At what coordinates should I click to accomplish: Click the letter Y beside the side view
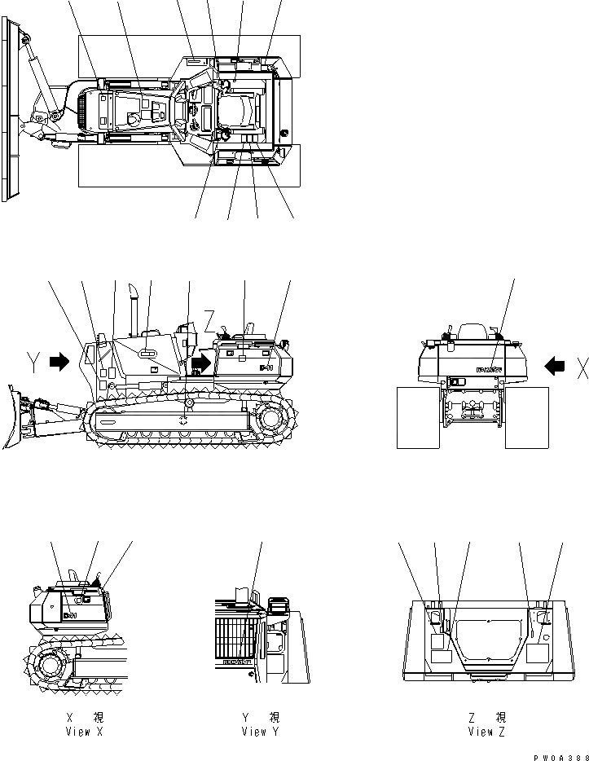32,362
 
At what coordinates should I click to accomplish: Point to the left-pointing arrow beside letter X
555,367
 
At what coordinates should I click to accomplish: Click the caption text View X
84,731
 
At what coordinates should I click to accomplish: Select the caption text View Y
260,731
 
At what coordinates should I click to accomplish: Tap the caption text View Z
486,731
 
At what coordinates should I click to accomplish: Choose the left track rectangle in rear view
418,417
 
